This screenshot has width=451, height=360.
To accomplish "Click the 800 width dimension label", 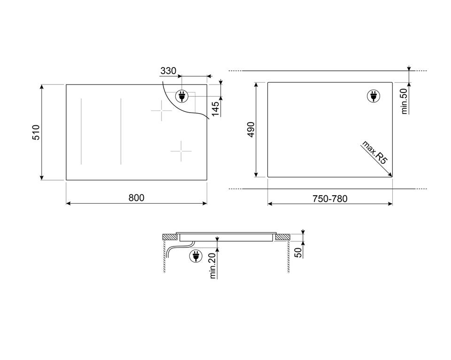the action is pos(136,198).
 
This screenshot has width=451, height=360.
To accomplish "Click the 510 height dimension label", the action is pos(36,132).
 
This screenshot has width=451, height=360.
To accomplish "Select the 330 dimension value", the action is pos(168,71).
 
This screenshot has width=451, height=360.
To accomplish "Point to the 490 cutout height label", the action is pos(250,130).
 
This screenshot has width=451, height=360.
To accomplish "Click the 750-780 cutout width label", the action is pos(330,199).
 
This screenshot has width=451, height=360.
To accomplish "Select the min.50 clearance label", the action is pos(404,101).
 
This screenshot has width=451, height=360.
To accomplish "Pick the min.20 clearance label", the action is pos(212,266).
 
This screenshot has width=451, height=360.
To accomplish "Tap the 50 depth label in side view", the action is pos(299,253).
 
